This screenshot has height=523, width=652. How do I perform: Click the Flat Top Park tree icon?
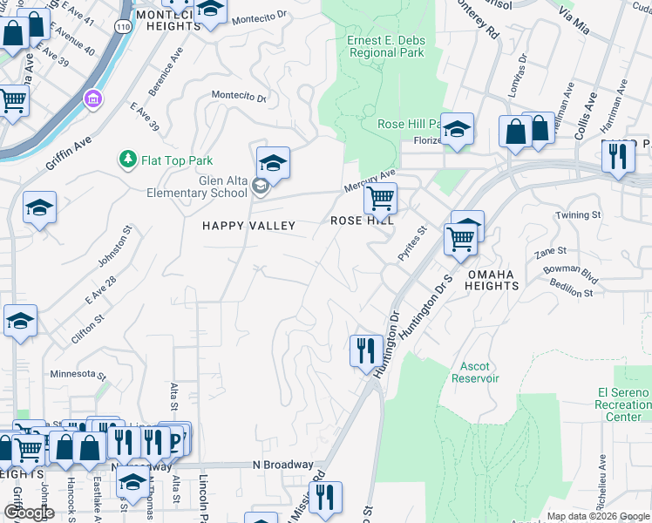tap(127, 160)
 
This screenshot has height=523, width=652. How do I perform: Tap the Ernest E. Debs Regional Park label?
tap(385, 46)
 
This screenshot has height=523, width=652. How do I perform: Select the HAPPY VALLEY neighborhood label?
tap(248, 225)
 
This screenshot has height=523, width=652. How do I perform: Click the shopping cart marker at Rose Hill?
tap(380, 199)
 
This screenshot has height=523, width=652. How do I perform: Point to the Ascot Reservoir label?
tap(475, 372)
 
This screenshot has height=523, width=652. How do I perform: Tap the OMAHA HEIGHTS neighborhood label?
tap(492, 280)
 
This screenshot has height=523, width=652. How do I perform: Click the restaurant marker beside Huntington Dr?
tap(364, 350)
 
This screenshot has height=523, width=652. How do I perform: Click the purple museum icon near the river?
tap(92, 99)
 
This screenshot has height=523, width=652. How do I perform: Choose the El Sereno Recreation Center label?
tap(623, 404)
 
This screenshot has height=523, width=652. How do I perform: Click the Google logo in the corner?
tap(29, 513)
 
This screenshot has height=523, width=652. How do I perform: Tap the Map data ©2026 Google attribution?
tap(597, 516)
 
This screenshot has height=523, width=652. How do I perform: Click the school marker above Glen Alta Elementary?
tap(273, 163)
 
